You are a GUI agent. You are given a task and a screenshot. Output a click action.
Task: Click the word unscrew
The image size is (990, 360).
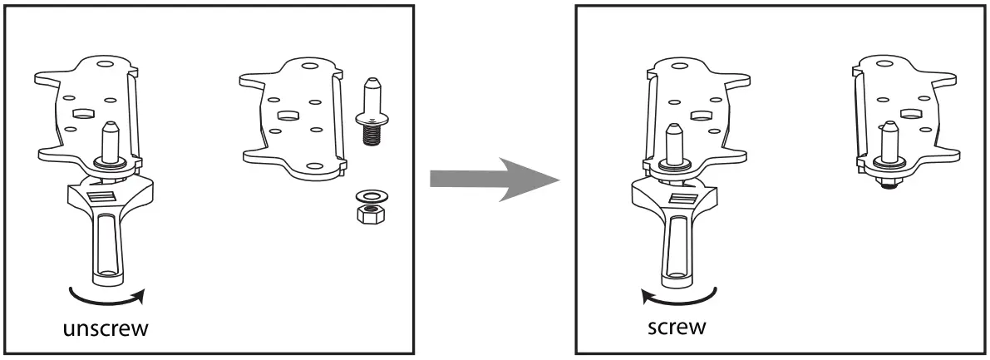pos(106,328)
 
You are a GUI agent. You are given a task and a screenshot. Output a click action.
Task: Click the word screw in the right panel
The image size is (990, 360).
pos(677,325)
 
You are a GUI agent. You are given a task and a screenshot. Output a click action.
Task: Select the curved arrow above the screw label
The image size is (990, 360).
pos(677,293)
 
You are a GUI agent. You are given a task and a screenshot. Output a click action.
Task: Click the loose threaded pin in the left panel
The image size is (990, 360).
pos(372,112)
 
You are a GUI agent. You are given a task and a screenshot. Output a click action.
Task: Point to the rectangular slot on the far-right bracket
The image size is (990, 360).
pos(909,111)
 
